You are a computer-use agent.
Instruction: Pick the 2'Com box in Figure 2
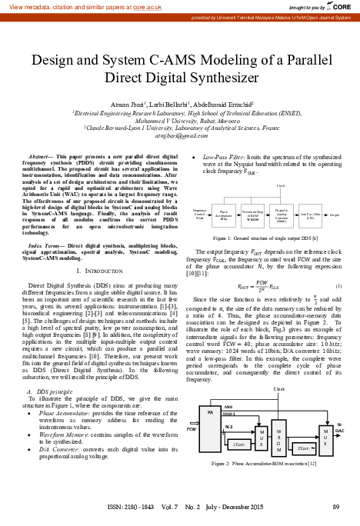click(x=303, y=448)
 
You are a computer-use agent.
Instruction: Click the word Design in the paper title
click(x=58, y=58)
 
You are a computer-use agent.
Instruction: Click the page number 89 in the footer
click(x=335, y=507)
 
